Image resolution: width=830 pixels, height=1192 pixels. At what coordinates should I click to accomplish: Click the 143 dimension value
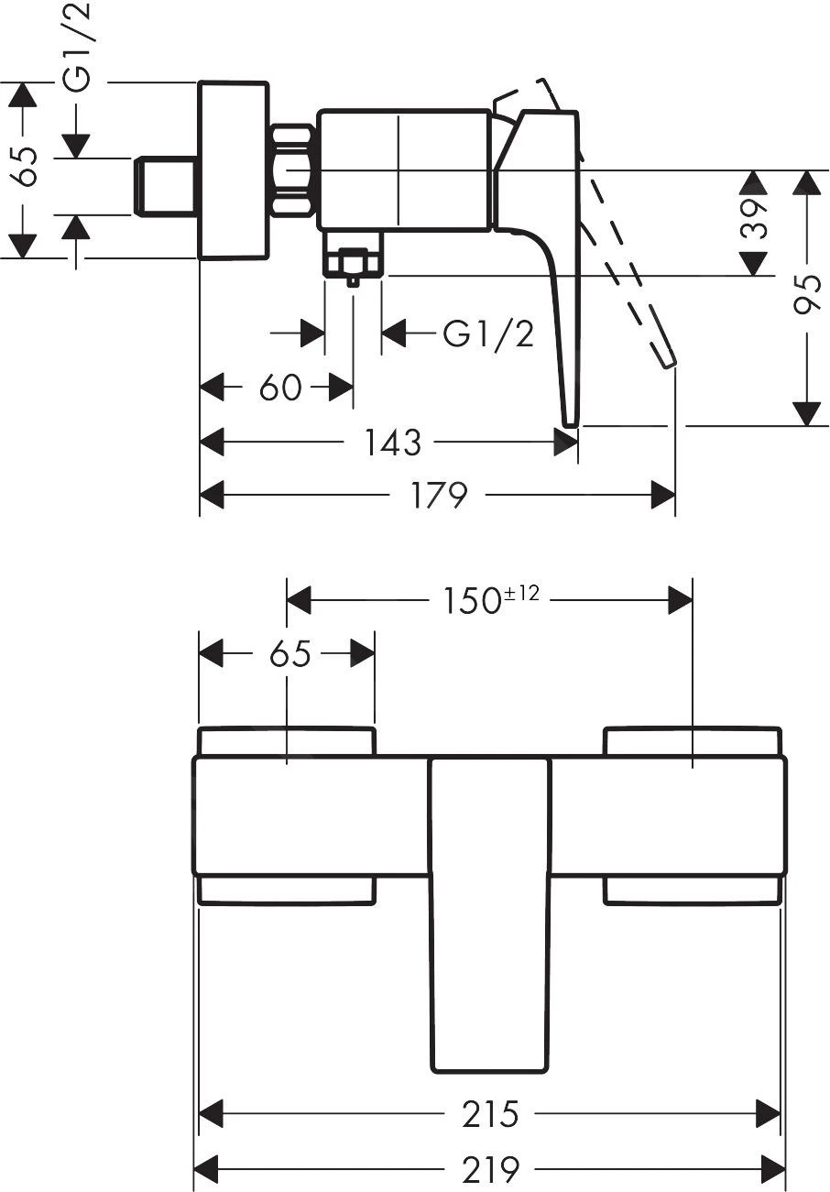[x=392, y=443]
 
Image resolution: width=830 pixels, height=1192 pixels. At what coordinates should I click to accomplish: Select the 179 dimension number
[x=439, y=496]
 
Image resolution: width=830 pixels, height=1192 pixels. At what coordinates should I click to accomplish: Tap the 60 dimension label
[x=279, y=388]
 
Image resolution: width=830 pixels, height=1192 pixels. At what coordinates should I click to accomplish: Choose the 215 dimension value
[x=490, y=1114]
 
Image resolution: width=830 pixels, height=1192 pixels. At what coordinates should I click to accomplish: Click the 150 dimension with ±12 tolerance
[x=488, y=600]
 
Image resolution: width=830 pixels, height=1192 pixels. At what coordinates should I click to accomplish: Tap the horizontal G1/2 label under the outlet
[x=487, y=334]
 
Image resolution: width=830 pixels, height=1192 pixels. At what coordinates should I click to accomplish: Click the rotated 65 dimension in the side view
[x=25, y=167]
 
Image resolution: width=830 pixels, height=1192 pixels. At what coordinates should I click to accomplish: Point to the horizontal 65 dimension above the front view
[x=290, y=654]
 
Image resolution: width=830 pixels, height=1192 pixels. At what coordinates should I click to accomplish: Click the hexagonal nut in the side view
[x=293, y=170]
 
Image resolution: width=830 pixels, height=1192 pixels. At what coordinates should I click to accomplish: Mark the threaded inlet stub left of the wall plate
[x=166, y=187]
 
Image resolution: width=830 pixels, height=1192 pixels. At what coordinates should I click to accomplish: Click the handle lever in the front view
[x=490, y=916]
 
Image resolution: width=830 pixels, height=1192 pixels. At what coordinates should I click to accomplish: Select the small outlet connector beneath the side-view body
[x=353, y=262]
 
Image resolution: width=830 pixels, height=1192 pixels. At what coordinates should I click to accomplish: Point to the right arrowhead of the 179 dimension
[x=663, y=496]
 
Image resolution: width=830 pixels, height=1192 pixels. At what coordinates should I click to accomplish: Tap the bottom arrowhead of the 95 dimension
[x=807, y=413]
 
